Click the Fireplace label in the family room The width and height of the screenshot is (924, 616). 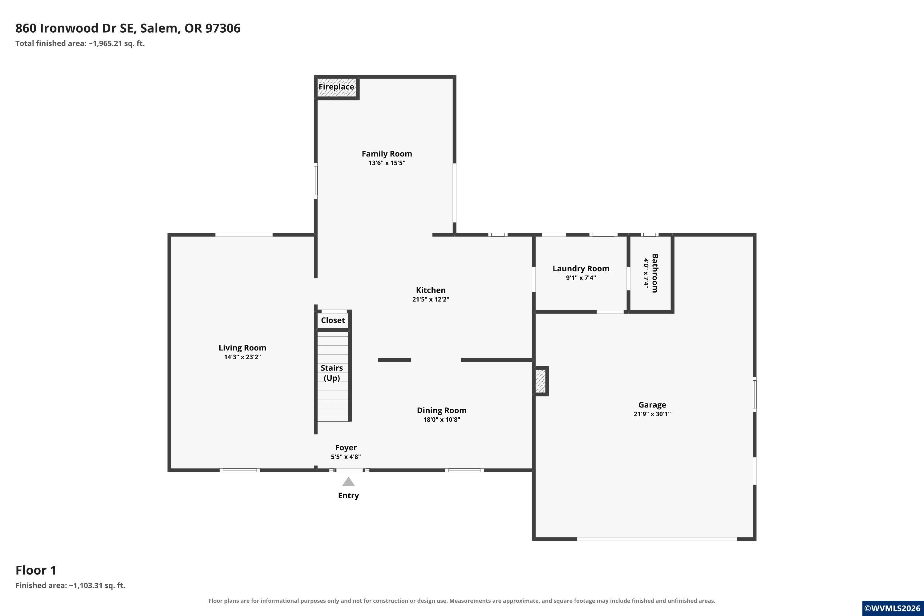(336, 87)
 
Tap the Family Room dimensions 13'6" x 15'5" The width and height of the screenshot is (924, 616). (387, 163)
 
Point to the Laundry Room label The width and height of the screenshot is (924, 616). (581, 269)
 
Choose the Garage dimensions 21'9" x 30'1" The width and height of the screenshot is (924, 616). (652, 414)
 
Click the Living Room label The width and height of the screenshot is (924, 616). (242, 348)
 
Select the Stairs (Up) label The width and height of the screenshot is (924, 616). (332, 373)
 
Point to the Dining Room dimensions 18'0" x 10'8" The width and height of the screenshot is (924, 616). (442, 419)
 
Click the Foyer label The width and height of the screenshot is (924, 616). (346, 448)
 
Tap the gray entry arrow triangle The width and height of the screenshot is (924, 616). (348, 482)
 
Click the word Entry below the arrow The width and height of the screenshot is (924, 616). (348, 496)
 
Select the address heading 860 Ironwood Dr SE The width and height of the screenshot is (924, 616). (75, 28)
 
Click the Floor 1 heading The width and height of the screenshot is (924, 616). (36, 570)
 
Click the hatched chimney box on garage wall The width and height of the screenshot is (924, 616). (541, 381)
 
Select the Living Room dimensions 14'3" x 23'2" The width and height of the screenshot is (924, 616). (242, 357)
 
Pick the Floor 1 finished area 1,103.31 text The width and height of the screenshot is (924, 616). (70, 586)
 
